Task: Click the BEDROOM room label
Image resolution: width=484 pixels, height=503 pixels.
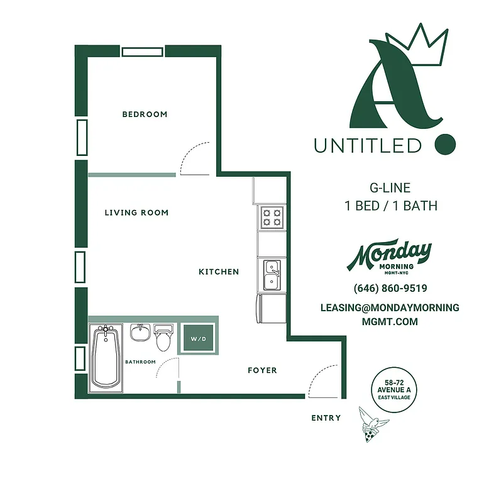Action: point(145,114)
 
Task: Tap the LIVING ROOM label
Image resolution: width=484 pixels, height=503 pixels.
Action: point(136,213)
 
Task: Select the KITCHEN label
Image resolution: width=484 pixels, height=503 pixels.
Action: point(219,272)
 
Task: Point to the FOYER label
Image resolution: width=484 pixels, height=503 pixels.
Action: point(262,370)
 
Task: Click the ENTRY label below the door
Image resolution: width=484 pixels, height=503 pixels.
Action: point(326,418)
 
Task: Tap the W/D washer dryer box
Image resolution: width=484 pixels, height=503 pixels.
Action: point(199,340)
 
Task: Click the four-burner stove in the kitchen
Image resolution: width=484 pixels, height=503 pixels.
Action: point(272,218)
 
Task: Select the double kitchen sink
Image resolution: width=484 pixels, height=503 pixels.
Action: point(272,275)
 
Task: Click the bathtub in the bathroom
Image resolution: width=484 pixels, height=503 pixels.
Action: point(106,358)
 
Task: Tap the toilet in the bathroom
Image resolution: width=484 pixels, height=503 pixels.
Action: point(163,338)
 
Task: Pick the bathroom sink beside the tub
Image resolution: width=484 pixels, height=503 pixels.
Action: point(140,332)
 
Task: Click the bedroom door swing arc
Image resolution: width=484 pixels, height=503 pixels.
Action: point(195,159)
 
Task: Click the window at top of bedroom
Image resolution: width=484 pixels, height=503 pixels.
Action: point(143,52)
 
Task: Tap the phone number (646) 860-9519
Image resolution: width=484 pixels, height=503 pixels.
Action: point(390,289)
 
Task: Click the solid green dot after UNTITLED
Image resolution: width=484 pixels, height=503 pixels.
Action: point(445,144)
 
